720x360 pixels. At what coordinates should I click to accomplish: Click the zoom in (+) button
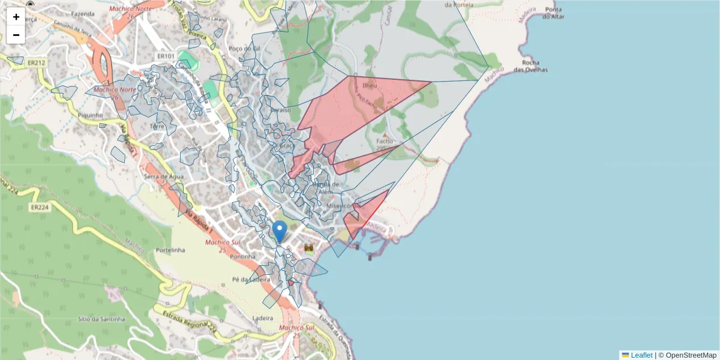click(x=16, y=17)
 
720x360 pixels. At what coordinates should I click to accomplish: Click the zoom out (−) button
click(x=16, y=35)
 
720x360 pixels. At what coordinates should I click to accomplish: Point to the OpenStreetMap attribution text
click(x=691, y=355)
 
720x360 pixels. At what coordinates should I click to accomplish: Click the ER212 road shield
click(x=36, y=62)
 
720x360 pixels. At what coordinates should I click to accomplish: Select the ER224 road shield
click(x=39, y=208)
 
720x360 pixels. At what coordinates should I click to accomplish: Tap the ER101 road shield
click(x=165, y=56)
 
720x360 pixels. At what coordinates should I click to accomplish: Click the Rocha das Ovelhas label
click(x=535, y=66)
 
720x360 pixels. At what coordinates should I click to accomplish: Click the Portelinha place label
click(x=170, y=250)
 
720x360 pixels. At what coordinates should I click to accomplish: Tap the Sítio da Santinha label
click(x=101, y=319)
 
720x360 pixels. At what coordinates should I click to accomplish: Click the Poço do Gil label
click(x=244, y=49)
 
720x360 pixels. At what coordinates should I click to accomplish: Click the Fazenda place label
click(x=83, y=13)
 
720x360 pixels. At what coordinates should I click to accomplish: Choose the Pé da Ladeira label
click(x=248, y=280)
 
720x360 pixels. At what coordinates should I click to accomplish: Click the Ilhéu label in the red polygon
click(x=370, y=85)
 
